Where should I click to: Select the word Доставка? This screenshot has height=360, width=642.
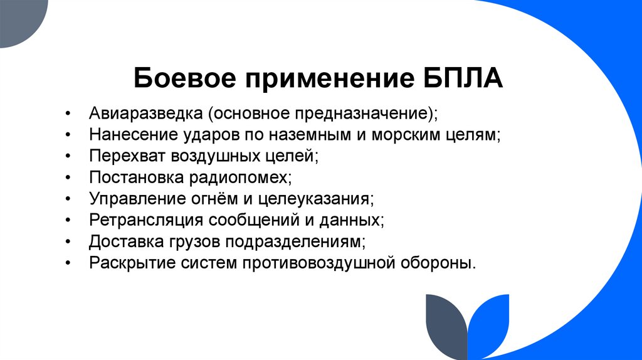coord(122,241)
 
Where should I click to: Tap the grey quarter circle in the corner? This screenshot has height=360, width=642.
coord(19,19)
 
